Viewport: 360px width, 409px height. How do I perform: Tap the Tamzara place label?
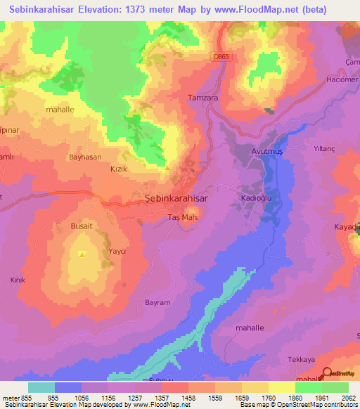click(x=202, y=98)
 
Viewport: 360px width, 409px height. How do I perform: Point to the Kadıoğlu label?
click(x=256, y=198)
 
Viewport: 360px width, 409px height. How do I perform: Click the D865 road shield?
click(x=223, y=56)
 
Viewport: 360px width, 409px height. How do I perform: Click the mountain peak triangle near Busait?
click(x=82, y=254)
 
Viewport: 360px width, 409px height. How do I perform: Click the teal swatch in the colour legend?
click(x=41, y=387)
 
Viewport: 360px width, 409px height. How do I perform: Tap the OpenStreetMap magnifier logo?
click(x=327, y=373)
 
